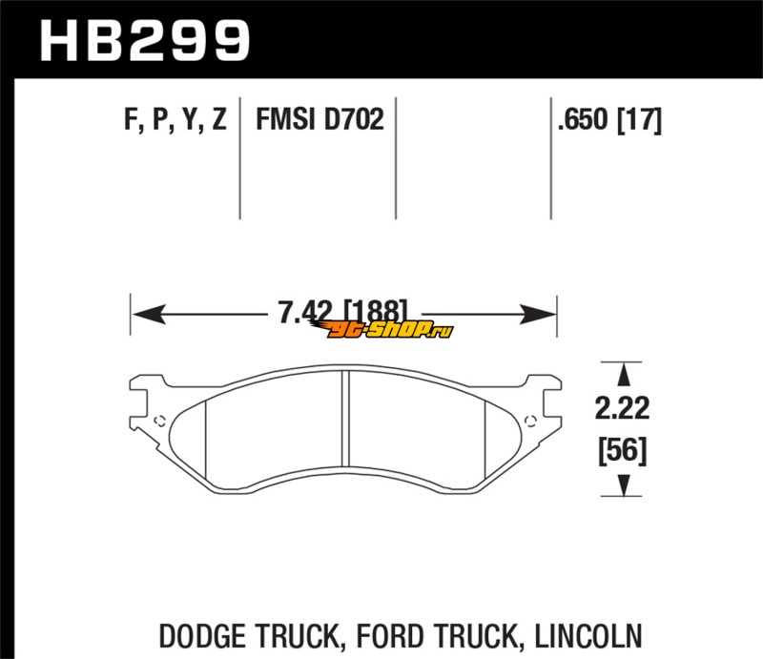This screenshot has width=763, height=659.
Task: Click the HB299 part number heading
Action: coord(145,40)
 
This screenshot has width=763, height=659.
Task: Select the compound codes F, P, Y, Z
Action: coord(175,119)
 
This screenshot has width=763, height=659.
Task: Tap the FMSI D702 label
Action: coord(320,119)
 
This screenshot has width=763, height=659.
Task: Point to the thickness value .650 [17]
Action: coord(609,120)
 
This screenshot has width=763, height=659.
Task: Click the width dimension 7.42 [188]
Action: coord(342,313)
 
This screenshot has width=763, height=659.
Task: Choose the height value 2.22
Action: coord(622,408)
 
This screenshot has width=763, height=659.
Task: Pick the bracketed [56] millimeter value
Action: coord(623,451)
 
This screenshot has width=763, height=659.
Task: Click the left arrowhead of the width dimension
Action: coord(149,314)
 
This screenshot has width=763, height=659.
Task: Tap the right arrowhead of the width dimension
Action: coord(538,314)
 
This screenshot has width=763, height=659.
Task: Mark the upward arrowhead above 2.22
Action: coord(624,375)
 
